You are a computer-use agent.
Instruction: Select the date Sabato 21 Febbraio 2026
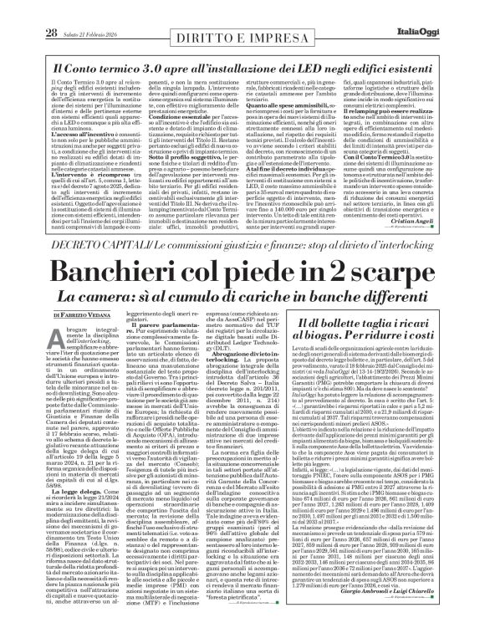(x=91, y=9)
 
